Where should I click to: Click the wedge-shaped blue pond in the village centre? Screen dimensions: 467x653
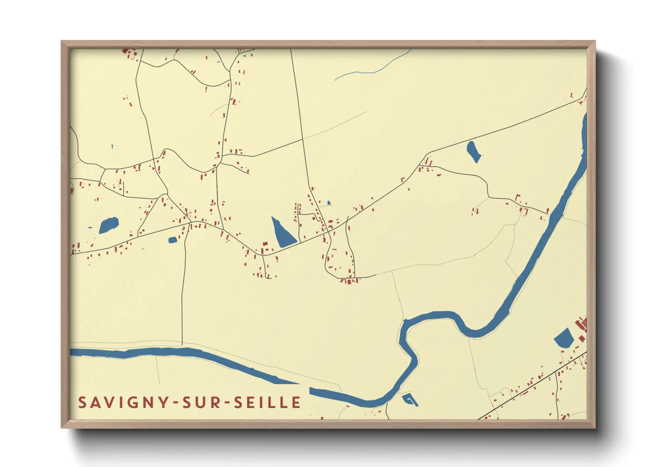(x=282, y=234)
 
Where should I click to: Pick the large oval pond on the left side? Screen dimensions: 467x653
(x=109, y=225)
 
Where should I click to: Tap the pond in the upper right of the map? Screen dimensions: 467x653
(x=473, y=151)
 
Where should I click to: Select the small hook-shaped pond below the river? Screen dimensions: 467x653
(x=410, y=399)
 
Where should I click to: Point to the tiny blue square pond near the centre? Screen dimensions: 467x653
(x=329, y=203)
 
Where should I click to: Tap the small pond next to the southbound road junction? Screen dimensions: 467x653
(x=173, y=240)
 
